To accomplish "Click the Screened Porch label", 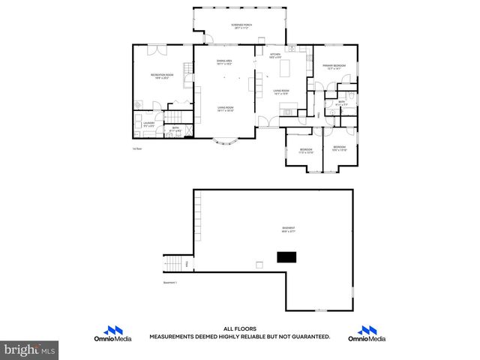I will (241, 25).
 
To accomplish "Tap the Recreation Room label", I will (163, 75).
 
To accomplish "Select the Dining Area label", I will (223, 62).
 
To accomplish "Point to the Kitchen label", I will (274, 55).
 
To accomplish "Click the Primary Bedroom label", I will (334, 67).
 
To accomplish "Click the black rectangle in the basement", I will (286, 257).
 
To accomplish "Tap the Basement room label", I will (288, 229).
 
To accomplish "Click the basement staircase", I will (173, 264).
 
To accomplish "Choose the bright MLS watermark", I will (30, 349).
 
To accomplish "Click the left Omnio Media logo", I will (115, 333).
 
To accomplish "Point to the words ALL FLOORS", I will (240, 328).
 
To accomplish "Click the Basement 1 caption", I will (172, 283).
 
